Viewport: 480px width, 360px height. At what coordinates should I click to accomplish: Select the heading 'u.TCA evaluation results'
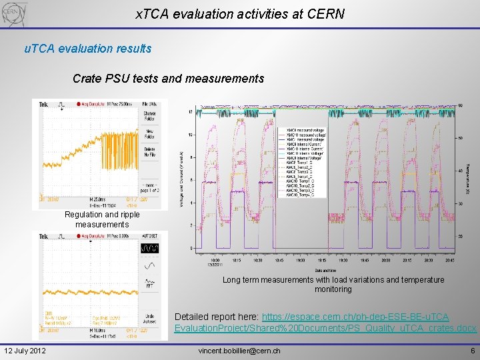[87, 49]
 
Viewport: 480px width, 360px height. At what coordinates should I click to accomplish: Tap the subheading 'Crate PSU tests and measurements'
[168, 79]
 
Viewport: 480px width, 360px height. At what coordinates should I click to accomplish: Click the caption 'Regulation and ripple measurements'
[102, 219]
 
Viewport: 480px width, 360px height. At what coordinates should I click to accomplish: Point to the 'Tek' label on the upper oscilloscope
[42, 104]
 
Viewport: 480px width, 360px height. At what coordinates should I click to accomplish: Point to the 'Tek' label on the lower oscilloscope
[42, 236]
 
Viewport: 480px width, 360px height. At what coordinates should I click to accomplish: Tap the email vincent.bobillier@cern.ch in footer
[239, 351]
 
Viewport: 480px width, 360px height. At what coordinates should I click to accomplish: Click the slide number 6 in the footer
[472, 351]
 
